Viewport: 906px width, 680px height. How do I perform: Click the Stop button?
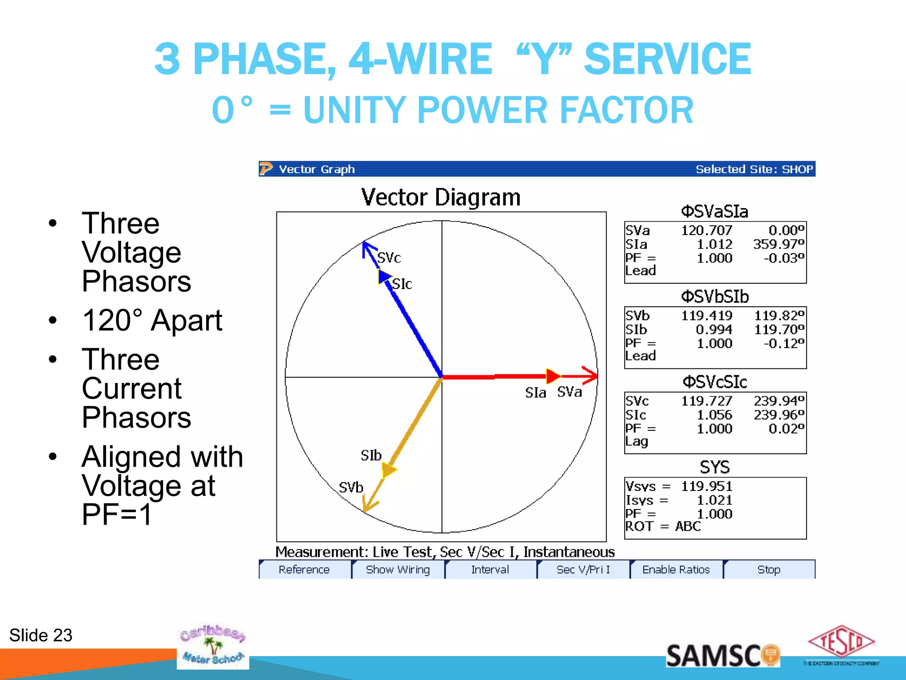click(x=768, y=570)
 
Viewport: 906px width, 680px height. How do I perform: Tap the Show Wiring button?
click(x=397, y=570)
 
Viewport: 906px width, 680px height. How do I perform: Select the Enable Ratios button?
click(x=676, y=570)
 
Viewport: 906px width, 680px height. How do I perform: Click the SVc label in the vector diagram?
click(x=389, y=258)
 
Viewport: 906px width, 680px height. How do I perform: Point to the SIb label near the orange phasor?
click(x=371, y=456)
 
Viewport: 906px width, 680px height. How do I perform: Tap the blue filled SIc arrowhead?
click(x=384, y=277)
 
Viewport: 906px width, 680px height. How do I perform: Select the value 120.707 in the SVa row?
click(x=706, y=231)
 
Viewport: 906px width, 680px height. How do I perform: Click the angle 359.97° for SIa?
click(x=778, y=244)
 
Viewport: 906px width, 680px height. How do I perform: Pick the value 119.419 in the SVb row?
click(x=706, y=316)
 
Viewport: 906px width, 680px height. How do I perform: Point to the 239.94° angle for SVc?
click(x=779, y=401)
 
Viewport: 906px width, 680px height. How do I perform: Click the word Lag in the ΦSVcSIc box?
click(x=636, y=441)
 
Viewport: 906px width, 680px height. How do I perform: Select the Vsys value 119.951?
click(x=706, y=487)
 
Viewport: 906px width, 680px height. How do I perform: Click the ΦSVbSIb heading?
click(x=714, y=297)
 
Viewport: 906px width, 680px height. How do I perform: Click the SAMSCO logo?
click(x=722, y=656)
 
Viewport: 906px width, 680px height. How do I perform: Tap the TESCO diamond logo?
click(x=841, y=641)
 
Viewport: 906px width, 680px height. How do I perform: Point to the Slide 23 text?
click(x=41, y=635)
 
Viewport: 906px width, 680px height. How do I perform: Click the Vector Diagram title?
click(x=441, y=197)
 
